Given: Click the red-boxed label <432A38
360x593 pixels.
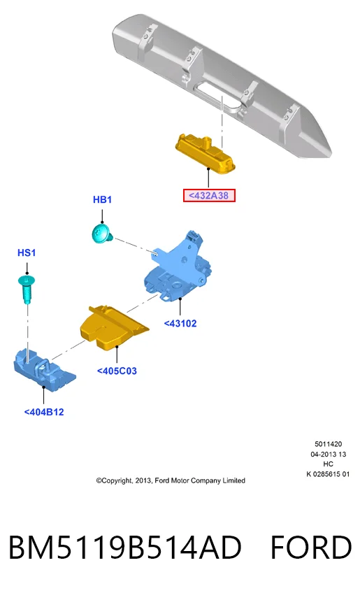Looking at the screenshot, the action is (x=209, y=196).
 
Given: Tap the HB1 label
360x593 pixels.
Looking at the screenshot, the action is (x=102, y=200).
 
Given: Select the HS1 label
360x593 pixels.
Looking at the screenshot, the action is (x=27, y=252).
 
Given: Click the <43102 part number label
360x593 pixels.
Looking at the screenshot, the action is (x=180, y=323).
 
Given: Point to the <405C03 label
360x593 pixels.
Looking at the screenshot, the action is (x=117, y=371).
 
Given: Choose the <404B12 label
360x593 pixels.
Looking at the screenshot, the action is (x=44, y=412).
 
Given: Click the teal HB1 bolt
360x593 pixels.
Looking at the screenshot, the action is (x=102, y=233).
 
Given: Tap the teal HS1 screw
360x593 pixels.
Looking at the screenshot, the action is (x=27, y=289).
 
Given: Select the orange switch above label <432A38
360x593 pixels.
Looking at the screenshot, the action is (x=206, y=153).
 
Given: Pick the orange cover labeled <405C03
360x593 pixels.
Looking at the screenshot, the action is (x=113, y=327).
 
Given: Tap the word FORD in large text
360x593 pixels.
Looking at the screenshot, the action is (x=311, y=548).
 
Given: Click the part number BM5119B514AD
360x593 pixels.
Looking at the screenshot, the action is (x=125, y=548).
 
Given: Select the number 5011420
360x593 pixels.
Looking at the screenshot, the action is (x=329, y=444).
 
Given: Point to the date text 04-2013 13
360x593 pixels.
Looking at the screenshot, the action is (x=329, y=454).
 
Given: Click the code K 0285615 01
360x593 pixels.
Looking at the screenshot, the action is (x=329, y=474).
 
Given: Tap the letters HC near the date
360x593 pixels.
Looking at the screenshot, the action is (x=329, y=464).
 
